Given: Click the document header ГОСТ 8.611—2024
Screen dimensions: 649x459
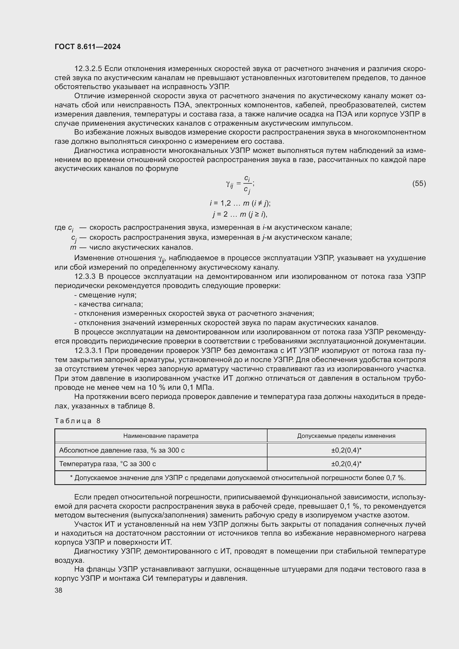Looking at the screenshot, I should (88, 47).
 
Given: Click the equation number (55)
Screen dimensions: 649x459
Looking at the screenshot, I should (419, 183).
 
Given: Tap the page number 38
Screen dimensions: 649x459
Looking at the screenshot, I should (59, 590).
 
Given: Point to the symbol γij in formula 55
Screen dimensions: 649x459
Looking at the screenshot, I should (229, 184).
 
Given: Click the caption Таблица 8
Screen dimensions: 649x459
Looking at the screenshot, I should (77, 421).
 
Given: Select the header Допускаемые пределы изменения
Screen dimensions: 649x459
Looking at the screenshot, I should (346, 436).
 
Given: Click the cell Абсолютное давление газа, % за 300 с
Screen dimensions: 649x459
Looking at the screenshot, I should (122, 450).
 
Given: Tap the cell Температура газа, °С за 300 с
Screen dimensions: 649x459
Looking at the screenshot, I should (107, 464).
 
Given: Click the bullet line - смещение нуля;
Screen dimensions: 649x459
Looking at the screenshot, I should (105, 295).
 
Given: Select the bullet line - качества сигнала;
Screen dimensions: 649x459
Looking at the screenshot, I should (109, 304).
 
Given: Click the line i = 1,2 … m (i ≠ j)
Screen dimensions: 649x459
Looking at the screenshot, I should (240, 203).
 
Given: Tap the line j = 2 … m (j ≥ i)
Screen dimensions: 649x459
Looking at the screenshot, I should (240, 214).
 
